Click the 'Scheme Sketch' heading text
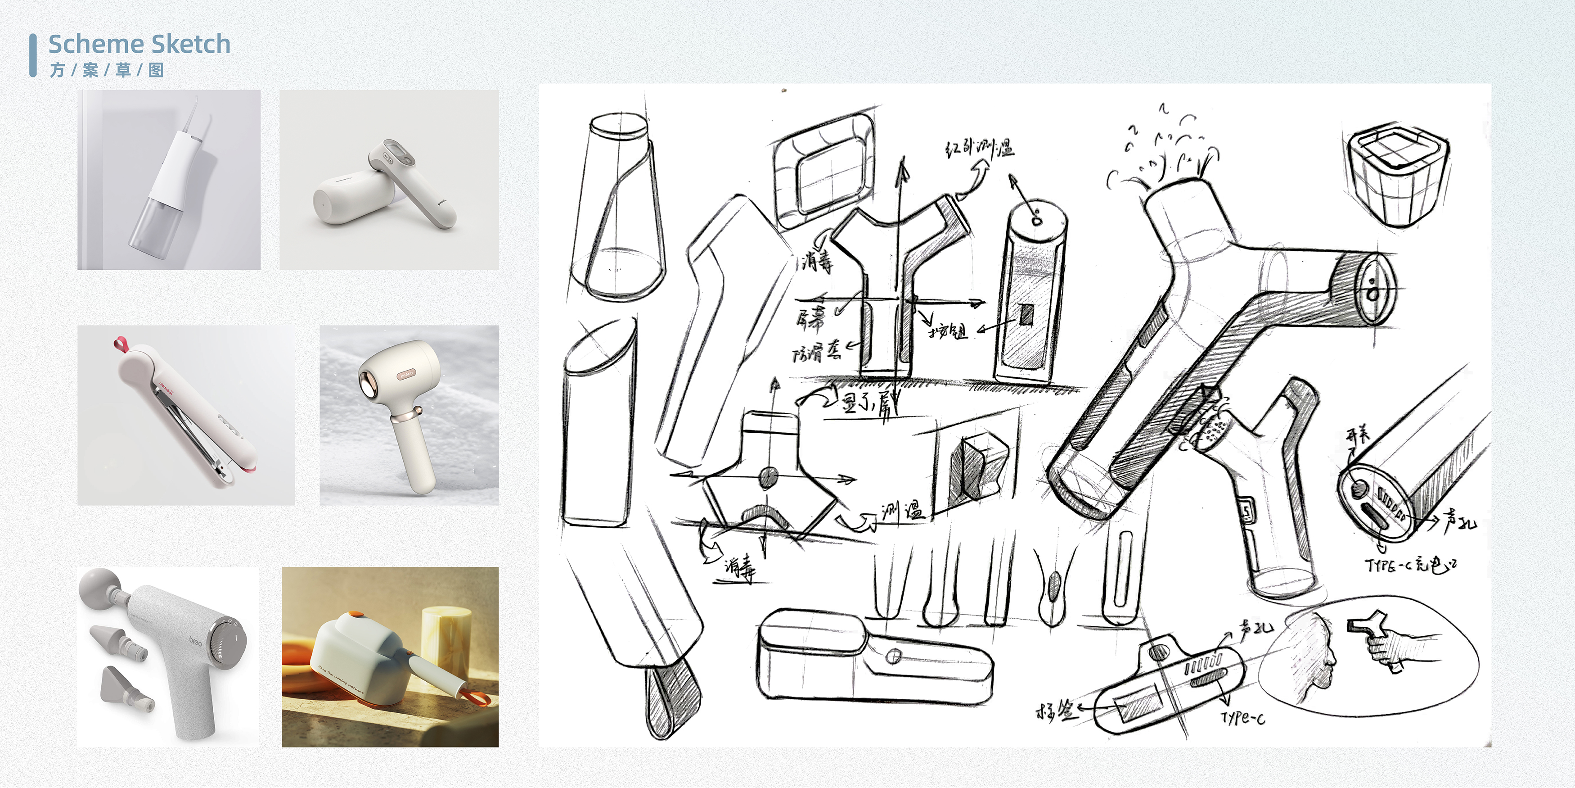tap(139, 44)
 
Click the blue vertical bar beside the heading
tap(32, 55)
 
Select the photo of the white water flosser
tap(169, 179)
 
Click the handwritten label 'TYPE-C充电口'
tap(1410, 565)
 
